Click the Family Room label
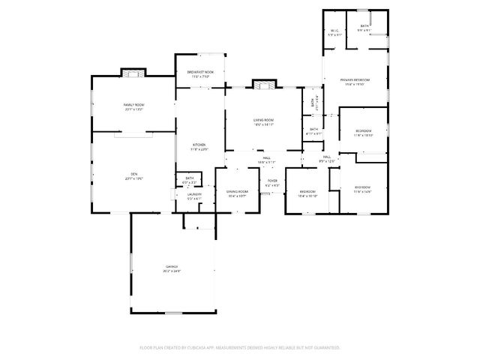(133, 105)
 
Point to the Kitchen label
(199, 145)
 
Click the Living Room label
(262, 120)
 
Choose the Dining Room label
(237, 192)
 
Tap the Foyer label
(272, 181)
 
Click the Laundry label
(194, 194)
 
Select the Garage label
(172, 266)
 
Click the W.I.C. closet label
(334, 31)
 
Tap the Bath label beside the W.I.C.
(364, 27)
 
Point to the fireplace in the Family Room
(133, 73)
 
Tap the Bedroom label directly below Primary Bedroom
(364, 131)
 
